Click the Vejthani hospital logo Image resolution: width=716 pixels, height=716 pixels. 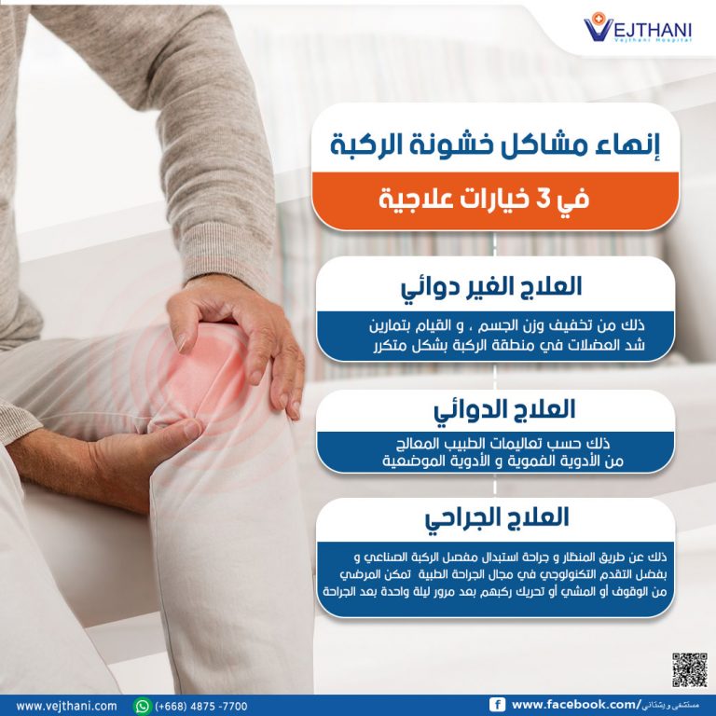point(638,27)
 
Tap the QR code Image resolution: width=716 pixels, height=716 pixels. point(689,669)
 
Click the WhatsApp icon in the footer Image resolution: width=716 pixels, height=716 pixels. point(143,706)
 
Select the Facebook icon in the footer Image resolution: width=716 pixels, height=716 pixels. point(497,704)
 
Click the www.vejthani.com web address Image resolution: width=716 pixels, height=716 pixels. point(66,706)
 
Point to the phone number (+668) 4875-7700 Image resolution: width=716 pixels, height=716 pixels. point(201,706)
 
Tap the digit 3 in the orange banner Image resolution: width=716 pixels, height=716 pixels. point(544,200)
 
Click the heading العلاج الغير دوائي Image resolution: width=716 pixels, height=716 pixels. point(491,288)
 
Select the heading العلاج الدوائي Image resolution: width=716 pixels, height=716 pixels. point(504,409)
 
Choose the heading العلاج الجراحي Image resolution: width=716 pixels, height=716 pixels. point(497,517)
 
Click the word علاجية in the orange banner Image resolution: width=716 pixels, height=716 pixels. point(417,201)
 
